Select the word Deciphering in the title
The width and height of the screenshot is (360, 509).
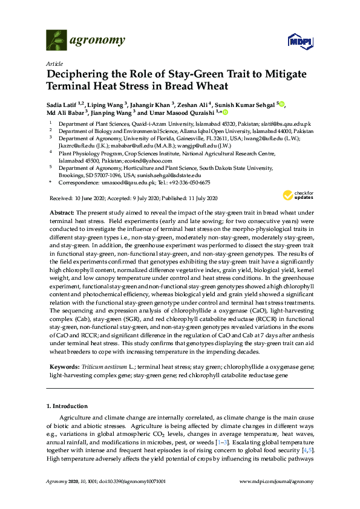point(80,74)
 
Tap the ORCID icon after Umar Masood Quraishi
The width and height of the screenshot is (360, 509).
point(225,112)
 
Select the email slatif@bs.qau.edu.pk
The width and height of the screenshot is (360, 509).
point(286,123)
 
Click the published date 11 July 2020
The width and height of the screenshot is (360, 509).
point(200,198)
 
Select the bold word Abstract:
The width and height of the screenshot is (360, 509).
point(61,213)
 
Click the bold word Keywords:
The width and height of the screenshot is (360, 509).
point(63,367)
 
